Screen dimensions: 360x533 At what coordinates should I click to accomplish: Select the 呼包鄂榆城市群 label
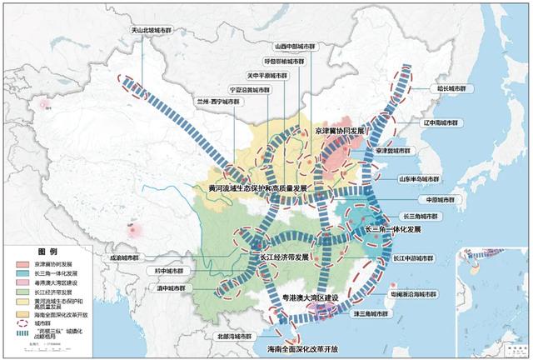(x=285, y=61)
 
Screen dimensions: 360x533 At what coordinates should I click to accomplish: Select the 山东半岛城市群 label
(x=440, y=179)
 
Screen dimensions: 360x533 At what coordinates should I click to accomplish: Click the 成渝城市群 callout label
(x=118, y=257)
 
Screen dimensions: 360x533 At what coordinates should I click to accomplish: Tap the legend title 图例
(x=47, y=251)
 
